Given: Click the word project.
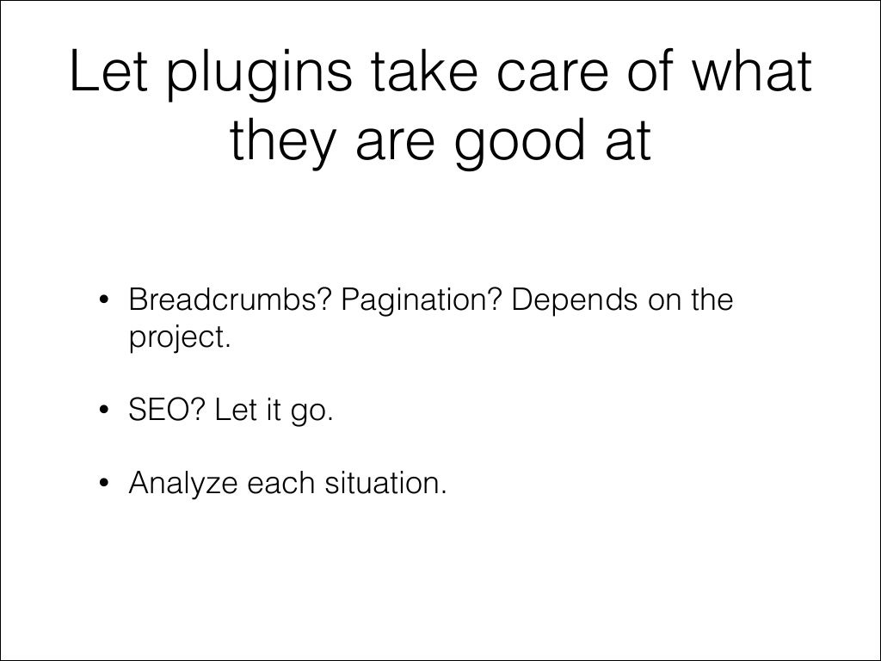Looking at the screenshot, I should (180, 337).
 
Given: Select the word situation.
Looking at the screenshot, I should (386, 484).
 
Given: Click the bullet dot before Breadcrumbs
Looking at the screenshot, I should (103, 302).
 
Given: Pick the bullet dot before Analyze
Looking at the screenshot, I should (103, 485).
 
